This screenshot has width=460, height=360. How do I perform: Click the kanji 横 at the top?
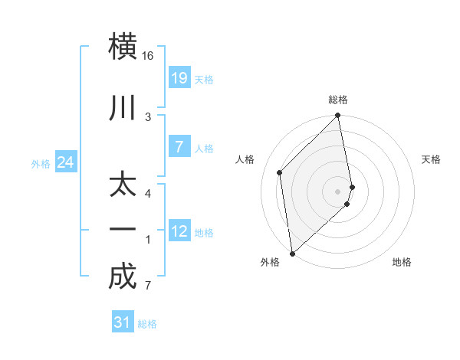(123, 45)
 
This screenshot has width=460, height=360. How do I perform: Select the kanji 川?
(123, 108)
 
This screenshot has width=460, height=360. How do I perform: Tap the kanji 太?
(123, 187)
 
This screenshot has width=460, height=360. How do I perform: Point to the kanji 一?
(123, 230)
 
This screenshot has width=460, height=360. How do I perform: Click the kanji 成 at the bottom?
(123, 277)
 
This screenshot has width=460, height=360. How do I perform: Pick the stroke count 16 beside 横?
(148, 56)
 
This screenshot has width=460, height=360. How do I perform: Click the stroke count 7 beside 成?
(148, 286)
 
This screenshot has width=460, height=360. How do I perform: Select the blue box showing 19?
(179, 77)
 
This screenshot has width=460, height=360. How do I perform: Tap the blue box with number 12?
(179, 231)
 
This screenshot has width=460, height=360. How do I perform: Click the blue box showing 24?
(66, 162)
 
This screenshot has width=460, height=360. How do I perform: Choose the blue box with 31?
(123, 323)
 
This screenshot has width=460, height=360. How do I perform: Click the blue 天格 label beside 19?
(204, 79)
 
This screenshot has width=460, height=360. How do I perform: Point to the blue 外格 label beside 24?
(41, 164)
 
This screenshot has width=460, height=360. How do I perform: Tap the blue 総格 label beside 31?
(147, 325)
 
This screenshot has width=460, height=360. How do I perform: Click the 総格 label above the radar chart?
(338, 100)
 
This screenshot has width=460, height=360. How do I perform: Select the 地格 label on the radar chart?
(402, 262)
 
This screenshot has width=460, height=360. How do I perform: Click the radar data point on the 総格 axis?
(338, 116)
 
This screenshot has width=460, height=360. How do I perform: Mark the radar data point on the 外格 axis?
(292, 253)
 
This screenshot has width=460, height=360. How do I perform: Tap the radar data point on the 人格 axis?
(280, 172)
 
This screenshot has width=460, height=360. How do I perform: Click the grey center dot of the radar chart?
(338, 191)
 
